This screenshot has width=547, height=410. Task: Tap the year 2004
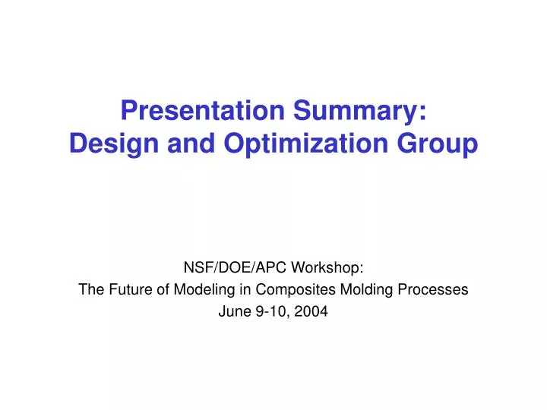click(312, 311)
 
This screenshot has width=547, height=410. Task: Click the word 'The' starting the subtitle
click(90, 289)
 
